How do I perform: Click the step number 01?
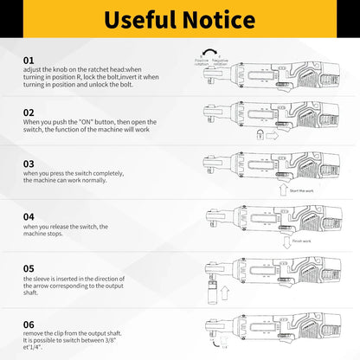click(29, 60)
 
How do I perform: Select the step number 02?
click(29, 112)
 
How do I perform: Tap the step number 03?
click(29, 163)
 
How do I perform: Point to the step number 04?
click(29, 216)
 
